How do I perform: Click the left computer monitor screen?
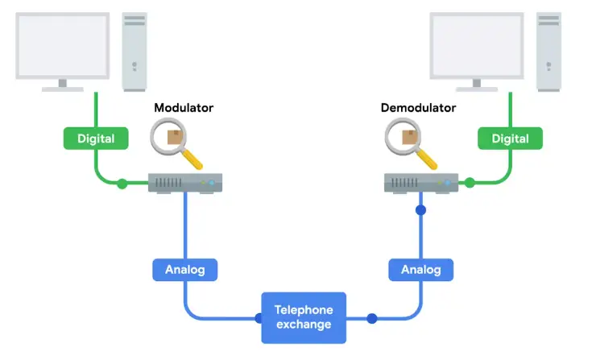[x=61, y=44]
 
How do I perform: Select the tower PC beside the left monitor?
[x=136, y=50]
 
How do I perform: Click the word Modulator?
[x=184, y=107]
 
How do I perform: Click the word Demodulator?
[x=418, y=107]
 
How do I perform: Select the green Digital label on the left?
[x=97, y=139]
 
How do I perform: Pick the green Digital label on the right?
[x=510, y=139]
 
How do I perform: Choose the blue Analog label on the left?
[x=185, y=269]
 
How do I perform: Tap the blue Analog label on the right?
[x=420, y=269]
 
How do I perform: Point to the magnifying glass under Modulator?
[x=176, y=143]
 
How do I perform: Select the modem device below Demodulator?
[x=420, y=184]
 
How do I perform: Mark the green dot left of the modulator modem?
[x=122, y=184]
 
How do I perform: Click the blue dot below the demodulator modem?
[x=420, y=211]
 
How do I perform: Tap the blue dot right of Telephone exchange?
[x=371, y=318]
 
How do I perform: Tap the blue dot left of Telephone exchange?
[x=259, y=318]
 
